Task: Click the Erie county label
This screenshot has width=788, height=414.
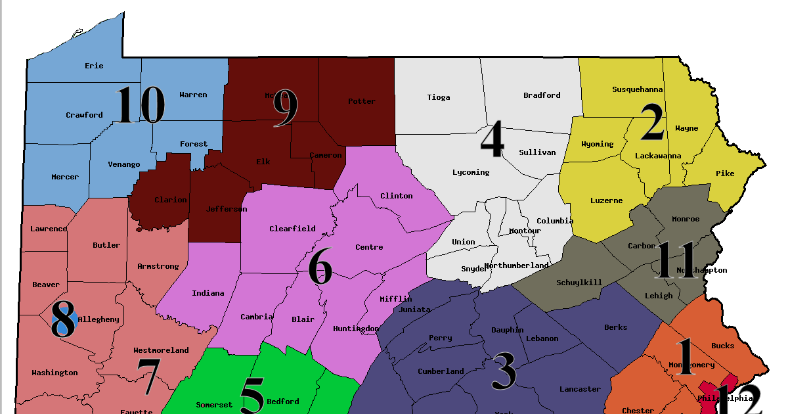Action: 94,66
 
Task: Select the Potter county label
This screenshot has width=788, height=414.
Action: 362,101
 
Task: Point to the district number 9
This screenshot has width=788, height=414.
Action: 285,109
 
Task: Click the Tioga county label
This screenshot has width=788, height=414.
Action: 439,97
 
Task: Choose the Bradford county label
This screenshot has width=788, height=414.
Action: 542,95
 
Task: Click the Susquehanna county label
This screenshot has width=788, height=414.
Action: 637,89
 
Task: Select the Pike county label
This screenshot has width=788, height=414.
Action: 725,173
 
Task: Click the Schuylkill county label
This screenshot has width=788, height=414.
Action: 579,283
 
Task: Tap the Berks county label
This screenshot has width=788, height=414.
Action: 615,327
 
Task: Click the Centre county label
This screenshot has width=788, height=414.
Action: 369,247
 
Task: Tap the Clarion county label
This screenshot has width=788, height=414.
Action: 171,200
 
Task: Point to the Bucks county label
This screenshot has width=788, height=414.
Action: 723,346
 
